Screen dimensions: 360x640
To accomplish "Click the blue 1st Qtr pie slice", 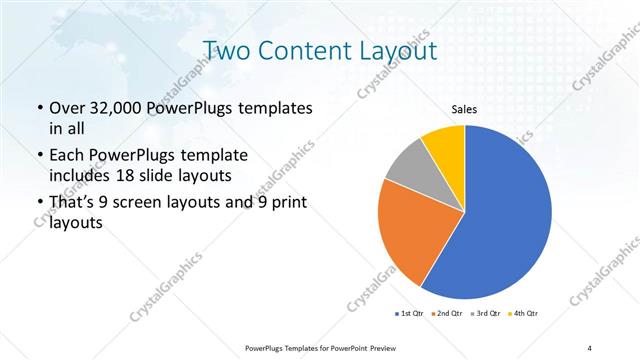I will pyautogui.click(x=505, y=215).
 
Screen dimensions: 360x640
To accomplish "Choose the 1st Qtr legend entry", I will pyautogui.click(x=410, y=314).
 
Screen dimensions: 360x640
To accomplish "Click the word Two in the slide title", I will pyautogui.click(x=228, y=50).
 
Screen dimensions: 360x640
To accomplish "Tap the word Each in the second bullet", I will pyautogui.click(x=68, y=156).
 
